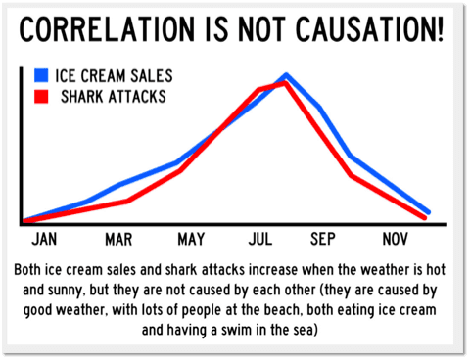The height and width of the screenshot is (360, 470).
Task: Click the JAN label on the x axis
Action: [44, 239]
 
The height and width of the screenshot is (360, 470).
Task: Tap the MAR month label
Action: [118, 239]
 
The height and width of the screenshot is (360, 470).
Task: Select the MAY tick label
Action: [191, 239]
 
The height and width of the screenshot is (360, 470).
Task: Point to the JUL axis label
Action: [260, 239]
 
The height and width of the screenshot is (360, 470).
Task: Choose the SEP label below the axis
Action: [322, 239]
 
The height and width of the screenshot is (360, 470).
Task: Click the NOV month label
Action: [395, 239]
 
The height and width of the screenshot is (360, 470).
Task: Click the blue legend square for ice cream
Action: [41, 75]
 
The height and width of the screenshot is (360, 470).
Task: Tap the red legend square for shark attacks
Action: [41, 97]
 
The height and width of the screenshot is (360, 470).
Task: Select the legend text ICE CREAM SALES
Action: [114, 76]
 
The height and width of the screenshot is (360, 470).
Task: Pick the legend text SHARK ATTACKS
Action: [114, 97]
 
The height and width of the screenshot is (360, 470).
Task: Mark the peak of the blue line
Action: [286, 75]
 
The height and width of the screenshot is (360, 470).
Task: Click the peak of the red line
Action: [285, 83]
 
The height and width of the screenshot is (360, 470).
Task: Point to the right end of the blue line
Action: [428, 212]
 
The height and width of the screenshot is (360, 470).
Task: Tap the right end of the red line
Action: [424, 217]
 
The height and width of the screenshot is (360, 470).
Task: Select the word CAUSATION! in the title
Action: [370, 29]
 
